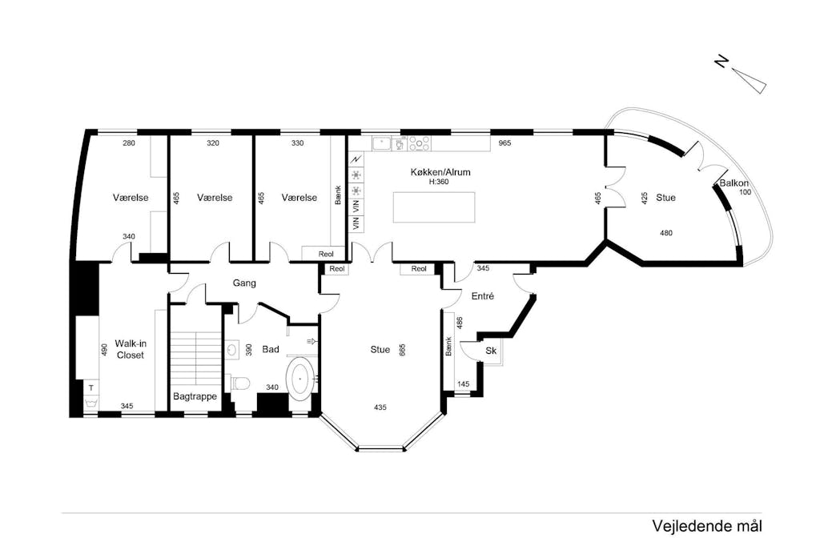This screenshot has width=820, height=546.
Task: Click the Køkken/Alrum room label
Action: tap(440, 172)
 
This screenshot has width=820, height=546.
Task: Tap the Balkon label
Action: tap(734, 183)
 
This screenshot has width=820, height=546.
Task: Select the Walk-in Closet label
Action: tap(131, 349)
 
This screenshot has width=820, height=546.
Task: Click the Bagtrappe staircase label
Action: tap(195, 396)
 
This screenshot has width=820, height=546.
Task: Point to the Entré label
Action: tap(483, 296)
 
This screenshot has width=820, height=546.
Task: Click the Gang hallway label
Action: tap(244, 283)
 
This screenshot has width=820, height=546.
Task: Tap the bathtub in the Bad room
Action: tap(300, 379)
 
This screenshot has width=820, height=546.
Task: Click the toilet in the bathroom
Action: tap(239, 383)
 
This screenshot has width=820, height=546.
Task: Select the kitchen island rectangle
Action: tap(434, 207)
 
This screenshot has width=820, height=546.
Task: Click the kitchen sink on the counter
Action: tap(382, 143)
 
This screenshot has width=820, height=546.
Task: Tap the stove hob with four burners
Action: tap(419, 143)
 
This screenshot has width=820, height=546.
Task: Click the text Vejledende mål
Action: tap(707, 526)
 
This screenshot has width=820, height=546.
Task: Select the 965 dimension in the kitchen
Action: tap(504, 143)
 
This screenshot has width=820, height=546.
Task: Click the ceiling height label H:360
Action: tap(439, 182)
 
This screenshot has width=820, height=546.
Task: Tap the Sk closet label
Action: tap(491, 351)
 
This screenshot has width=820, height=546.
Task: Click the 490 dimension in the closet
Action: tap(103, 350)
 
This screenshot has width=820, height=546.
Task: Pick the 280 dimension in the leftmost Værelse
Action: tap(129, 143)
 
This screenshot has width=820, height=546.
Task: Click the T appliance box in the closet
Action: tap(91, 387)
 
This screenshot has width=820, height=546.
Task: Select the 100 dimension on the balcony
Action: tap(745, 192)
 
